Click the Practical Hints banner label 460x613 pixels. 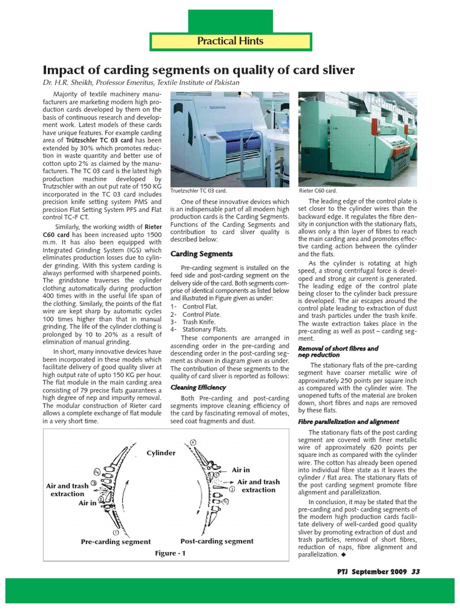pos(231,41)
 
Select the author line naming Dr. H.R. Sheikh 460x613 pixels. pos(141,83)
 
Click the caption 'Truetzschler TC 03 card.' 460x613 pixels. pos(199,190)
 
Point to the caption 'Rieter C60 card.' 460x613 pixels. pos(317,190)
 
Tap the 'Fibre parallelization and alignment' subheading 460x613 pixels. pos(349,421)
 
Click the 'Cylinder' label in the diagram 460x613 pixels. pos(161,453)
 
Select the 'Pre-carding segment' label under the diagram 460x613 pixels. pos(116,542)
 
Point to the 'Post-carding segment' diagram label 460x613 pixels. pos(217,541)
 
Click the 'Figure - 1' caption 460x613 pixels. pos(170,554)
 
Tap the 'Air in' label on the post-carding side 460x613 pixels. pos(241,471)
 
